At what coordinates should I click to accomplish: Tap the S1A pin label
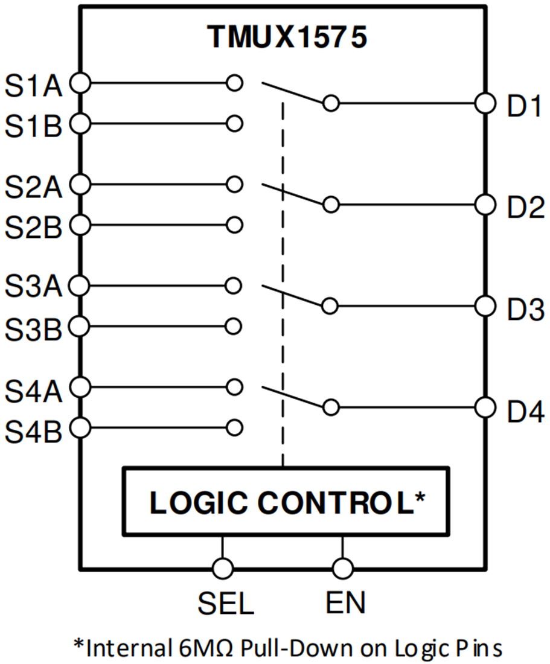tap(34, 86)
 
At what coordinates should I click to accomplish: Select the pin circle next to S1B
tap(80, 124)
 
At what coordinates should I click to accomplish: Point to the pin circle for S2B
tap(80, 225)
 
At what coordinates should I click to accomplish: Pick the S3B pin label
tap(34, 330)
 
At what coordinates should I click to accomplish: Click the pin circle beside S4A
tap(80, 385)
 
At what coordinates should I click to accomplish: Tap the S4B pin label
tap(34, 432)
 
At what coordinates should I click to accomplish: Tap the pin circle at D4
tap(485, 407)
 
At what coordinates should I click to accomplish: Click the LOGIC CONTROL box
tap(286, 501)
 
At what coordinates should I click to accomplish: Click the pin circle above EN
tap(343, 568)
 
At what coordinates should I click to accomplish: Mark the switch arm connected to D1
tap(292, 94)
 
